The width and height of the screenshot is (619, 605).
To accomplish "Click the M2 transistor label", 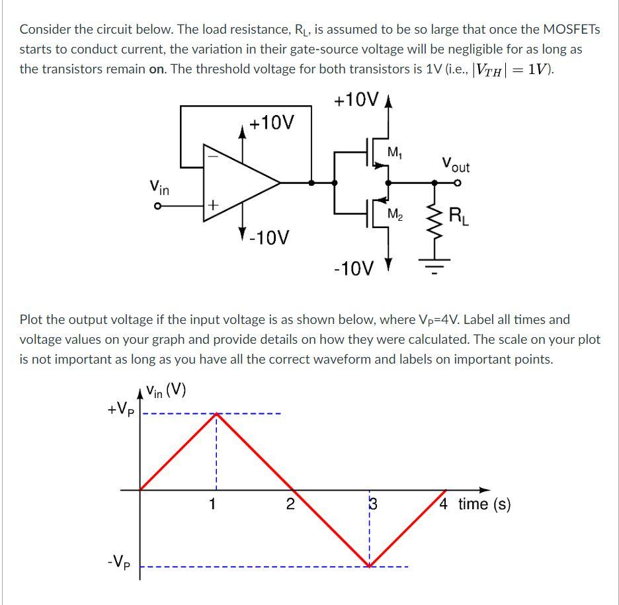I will [x=395, y=215].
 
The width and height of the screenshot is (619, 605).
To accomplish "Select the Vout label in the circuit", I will [x=455, y=163].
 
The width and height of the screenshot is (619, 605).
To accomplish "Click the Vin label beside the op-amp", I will [x=159, y=188].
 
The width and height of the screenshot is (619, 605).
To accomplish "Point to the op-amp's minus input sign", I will [x=213, y=157].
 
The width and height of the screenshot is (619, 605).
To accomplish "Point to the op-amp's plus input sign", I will [x=213, y=206].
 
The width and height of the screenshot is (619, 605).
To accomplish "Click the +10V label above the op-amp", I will [x=272, y=123].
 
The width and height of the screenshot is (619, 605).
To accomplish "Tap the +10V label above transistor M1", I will [x=356, y=100].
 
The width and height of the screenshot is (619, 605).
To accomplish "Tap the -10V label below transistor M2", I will [x=354, y=268].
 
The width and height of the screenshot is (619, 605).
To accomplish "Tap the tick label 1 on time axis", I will [x=212, y=504].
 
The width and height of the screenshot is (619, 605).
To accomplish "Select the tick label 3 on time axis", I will [x=372, y=504].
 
